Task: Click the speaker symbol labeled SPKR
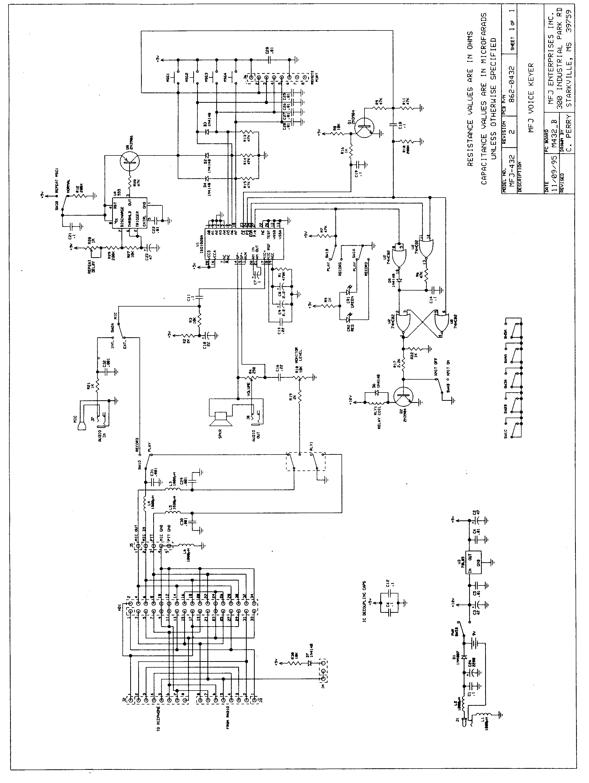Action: [x=220, y=418]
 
